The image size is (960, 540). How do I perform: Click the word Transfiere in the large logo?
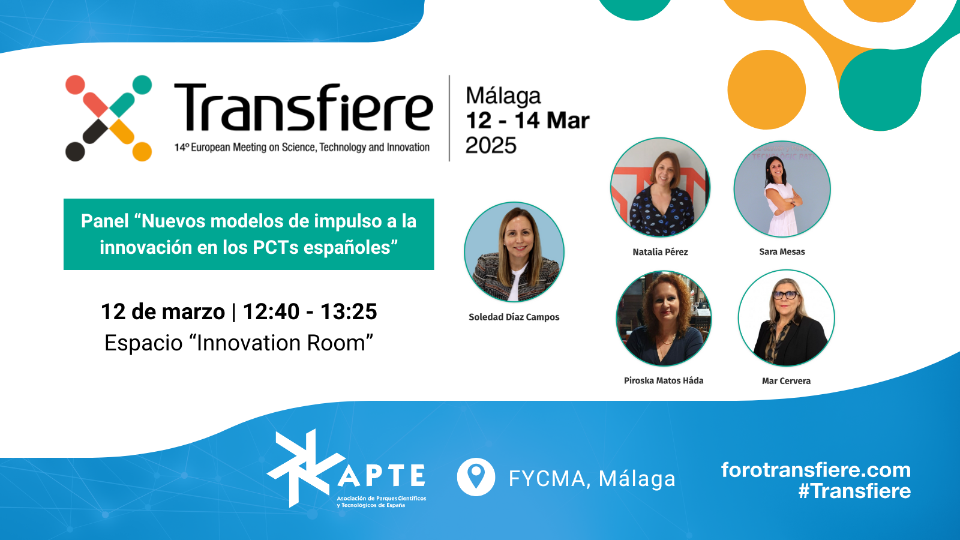[x=304, y=107]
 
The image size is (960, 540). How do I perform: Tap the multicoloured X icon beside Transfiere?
[x=109, y=118]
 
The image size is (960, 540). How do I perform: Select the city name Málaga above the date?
[x=503, y=96]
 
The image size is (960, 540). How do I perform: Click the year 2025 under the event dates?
[x=491, y=145]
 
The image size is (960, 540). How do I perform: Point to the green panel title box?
[x=248, y=234]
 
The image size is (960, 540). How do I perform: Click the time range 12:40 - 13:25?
[x=310, y=311]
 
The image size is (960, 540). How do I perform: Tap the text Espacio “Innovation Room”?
[x=239, y=343]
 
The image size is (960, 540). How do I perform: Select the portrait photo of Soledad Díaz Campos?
[x=514, y=252]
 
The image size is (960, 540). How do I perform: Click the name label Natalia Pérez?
[x=660, y=252]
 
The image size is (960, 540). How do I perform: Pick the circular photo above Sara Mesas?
[x=782, y=189]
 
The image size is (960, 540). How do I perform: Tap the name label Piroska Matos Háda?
[x=664, y=380]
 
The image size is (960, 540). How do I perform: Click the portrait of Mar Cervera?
[x=787, y=318]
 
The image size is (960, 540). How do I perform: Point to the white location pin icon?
[x=476, y=477]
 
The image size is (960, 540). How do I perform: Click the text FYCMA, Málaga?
[x=592, y=479]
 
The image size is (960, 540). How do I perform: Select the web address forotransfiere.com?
[x=816, y=470]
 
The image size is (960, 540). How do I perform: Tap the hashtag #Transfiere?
[x=854, y=491]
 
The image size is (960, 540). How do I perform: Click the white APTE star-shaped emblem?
[x=306, y=469]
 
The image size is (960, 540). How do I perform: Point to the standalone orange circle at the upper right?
[x=767, y=89]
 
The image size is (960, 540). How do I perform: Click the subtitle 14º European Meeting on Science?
[x=302, y=148]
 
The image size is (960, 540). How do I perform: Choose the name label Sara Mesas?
[x=782, y=252]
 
